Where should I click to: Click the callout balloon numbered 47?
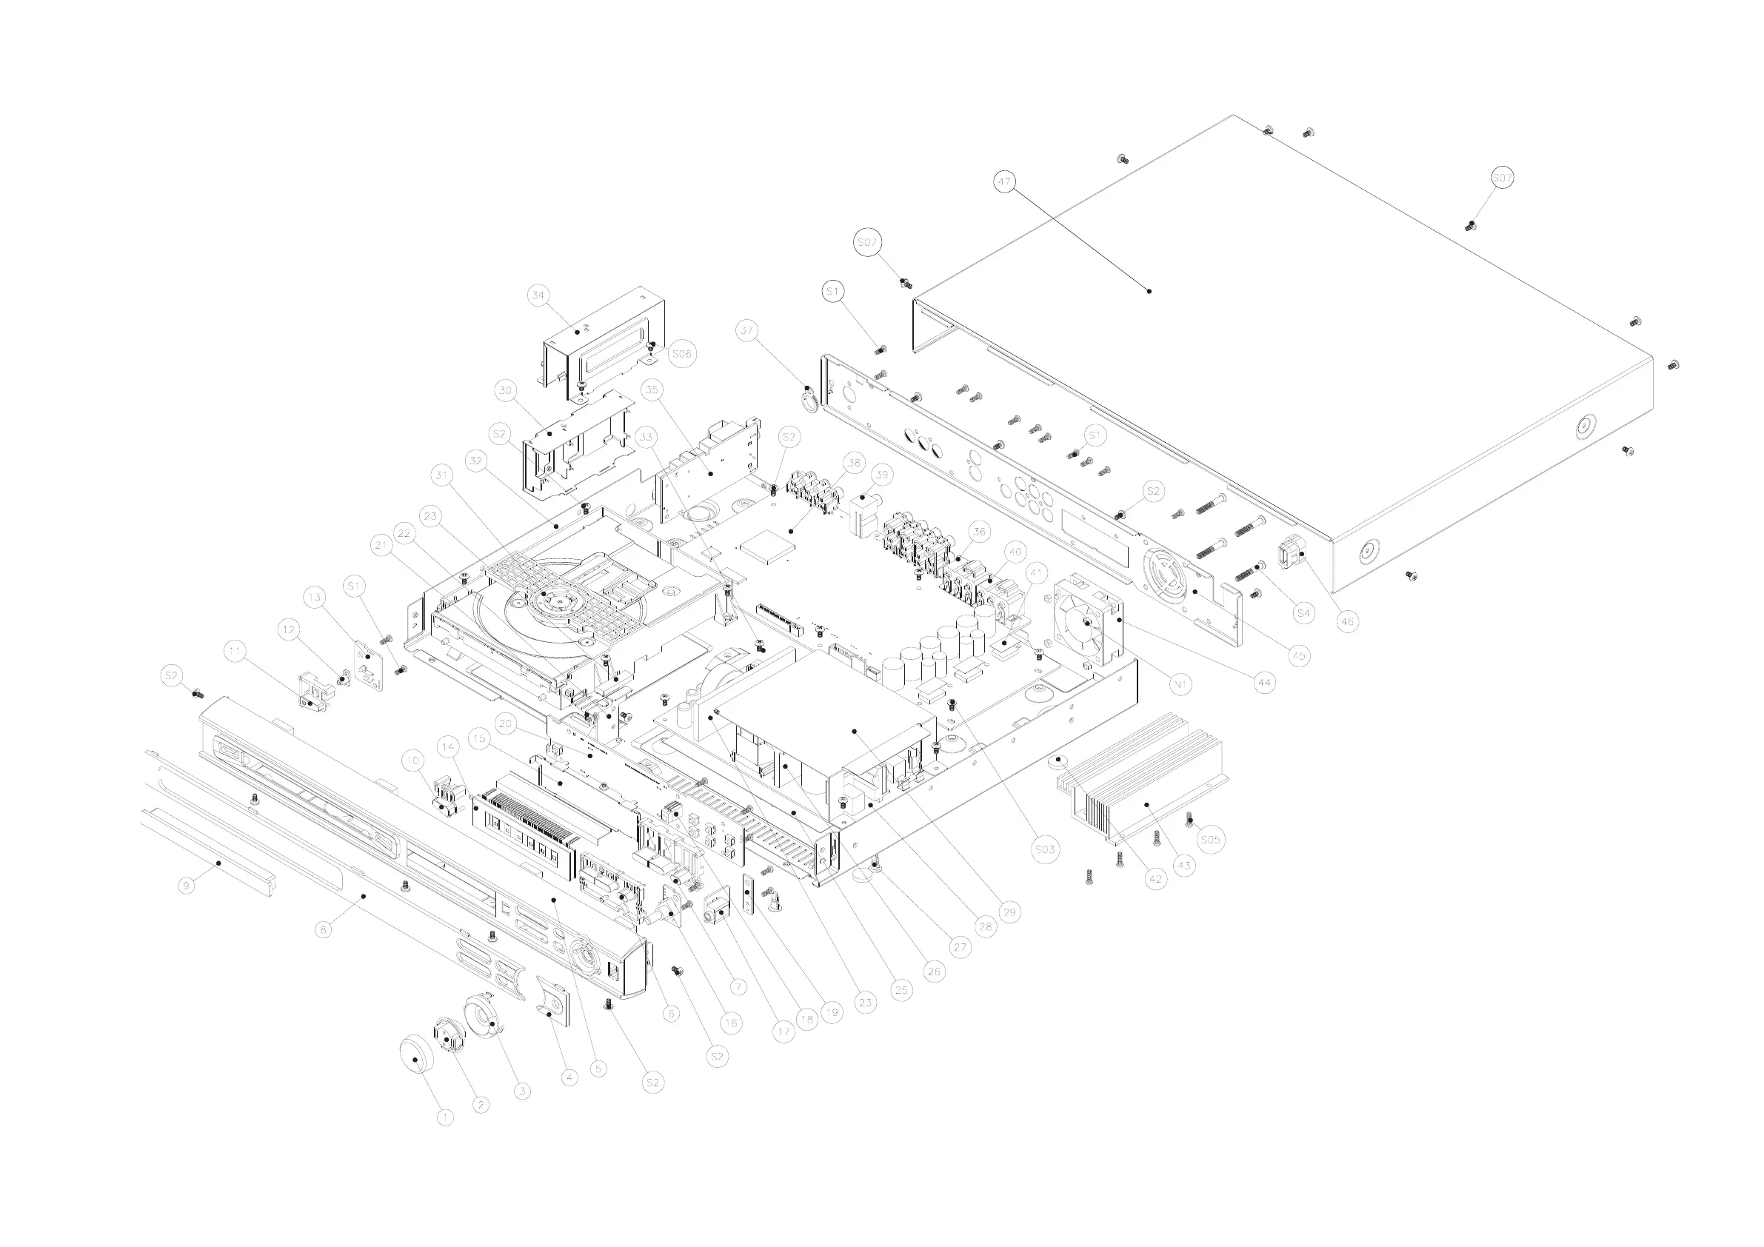(1004, 182)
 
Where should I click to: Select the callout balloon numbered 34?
(538, 295)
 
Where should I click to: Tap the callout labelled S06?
(681, 353)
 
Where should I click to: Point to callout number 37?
(746, 331)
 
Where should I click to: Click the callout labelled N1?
(1180, 684)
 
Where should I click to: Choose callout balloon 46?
(1347, 621)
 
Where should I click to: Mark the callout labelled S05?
(1210, 840)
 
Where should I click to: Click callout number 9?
(186, 886)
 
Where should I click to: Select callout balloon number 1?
(445, 1117)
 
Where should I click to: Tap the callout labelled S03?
(1045, 849)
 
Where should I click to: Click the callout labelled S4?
(1303, 613)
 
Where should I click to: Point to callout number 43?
(1184, 866)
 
